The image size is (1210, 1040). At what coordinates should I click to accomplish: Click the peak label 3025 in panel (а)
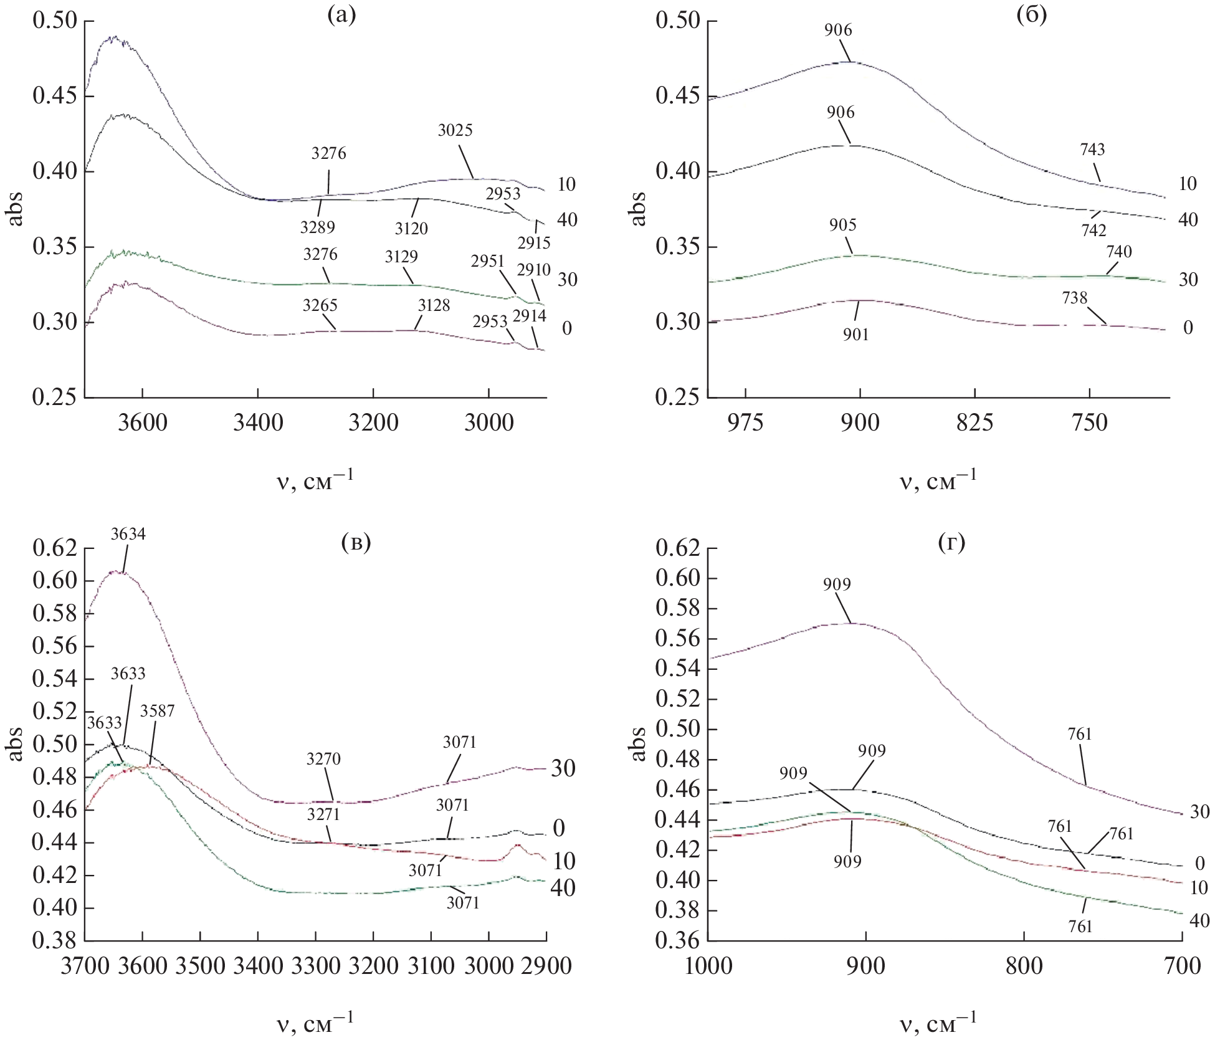tap(455, 130)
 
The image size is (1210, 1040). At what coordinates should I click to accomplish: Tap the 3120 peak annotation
tap(411, 229)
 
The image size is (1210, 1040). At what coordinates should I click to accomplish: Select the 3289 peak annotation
tap(318, 227)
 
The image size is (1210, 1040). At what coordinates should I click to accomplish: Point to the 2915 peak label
tap(533, 243)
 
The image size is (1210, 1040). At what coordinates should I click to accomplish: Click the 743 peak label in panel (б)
tap(1092, 150)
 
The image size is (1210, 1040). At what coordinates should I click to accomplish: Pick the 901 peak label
tap(856, 335)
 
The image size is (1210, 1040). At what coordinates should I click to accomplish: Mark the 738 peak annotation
tap(1075, 298)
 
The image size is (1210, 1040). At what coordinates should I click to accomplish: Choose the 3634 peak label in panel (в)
tap(128, 534)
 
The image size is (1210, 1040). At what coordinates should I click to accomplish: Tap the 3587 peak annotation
tap(157, 711)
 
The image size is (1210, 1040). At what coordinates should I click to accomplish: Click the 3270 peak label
tap(323, 759)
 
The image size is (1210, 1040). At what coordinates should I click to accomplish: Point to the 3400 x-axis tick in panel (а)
tap(258, 423)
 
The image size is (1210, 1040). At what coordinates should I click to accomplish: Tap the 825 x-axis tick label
tap(975, 423)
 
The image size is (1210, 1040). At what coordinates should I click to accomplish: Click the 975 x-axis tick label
tap(745, 423)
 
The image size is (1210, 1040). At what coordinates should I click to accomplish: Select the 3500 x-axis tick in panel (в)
tap(199, 966)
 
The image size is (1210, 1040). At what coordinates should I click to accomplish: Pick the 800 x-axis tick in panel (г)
tap(1024, 966)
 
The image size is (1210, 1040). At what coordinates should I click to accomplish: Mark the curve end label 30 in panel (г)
tap(1199, 812)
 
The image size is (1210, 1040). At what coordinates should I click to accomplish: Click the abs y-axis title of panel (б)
tap(638, 208)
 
